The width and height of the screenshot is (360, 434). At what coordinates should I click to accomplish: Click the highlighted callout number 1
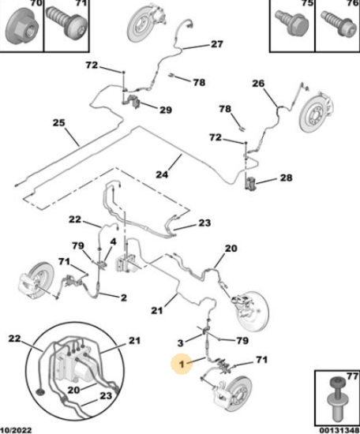pos(182,364)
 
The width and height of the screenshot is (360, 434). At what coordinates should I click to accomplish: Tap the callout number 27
pos(217,44)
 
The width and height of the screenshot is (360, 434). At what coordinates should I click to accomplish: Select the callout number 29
pos(166,110)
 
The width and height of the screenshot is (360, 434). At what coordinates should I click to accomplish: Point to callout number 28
pos(286,178)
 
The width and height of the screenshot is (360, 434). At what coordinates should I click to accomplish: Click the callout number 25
pos(58,122)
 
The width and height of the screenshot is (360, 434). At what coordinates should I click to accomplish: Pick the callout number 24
pos(162,174)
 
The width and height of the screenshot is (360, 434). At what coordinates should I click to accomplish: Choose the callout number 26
pos(258,84)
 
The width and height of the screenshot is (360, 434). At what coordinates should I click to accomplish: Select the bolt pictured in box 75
pos(291,23)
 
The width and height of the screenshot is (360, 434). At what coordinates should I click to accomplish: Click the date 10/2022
pos(16,430)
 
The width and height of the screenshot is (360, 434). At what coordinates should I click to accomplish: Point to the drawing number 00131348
pos(339,430)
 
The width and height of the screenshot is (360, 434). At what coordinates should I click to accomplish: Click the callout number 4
pos(113,241)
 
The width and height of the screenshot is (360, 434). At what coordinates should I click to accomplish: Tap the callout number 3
pos(180,343)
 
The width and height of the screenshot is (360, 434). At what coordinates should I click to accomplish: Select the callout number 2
pos(124,297)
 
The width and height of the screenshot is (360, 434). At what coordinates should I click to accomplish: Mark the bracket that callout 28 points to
pos(250,184)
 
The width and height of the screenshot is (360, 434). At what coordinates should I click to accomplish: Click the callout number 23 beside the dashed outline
pos(204,223)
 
